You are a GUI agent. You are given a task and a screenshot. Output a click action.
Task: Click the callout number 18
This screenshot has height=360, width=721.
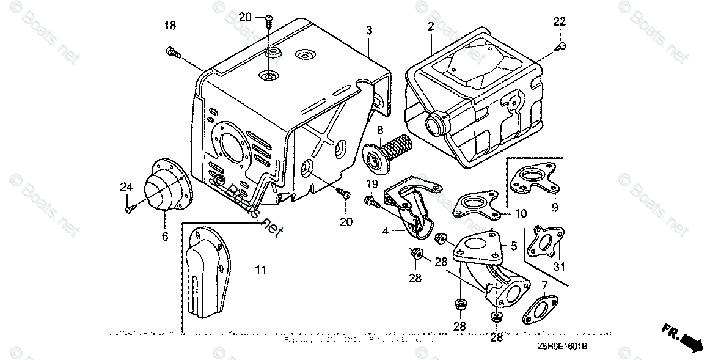point(169,25)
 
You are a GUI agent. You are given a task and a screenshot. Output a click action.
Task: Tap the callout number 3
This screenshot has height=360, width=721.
point(369,30)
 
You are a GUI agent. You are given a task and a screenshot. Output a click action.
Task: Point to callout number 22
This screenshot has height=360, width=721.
point(560,21)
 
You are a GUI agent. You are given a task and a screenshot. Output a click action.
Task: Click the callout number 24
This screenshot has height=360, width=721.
point(126,187)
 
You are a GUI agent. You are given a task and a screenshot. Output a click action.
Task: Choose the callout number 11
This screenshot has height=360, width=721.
point(260,269)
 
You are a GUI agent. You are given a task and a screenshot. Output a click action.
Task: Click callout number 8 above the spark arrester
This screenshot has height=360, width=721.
point(379,130)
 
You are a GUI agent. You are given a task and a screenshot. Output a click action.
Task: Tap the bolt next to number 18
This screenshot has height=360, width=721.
point(173,53)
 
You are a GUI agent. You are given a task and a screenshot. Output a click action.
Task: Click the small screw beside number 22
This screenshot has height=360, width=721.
point(560,45)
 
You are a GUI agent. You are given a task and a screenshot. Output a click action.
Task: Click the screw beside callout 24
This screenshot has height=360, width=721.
point(129,210)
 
